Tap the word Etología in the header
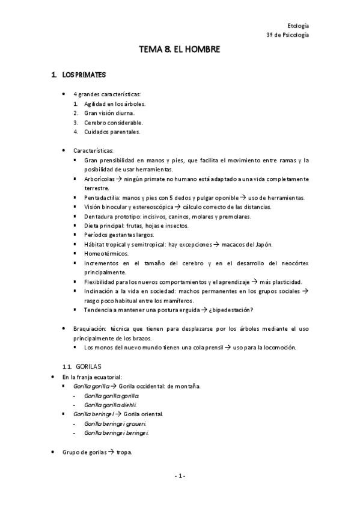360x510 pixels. click(x=299, y=25)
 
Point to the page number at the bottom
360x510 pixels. click(x=180, y=476)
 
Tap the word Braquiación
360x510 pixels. click(x=89, y=328)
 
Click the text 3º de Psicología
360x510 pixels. click(x=288, y=35)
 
